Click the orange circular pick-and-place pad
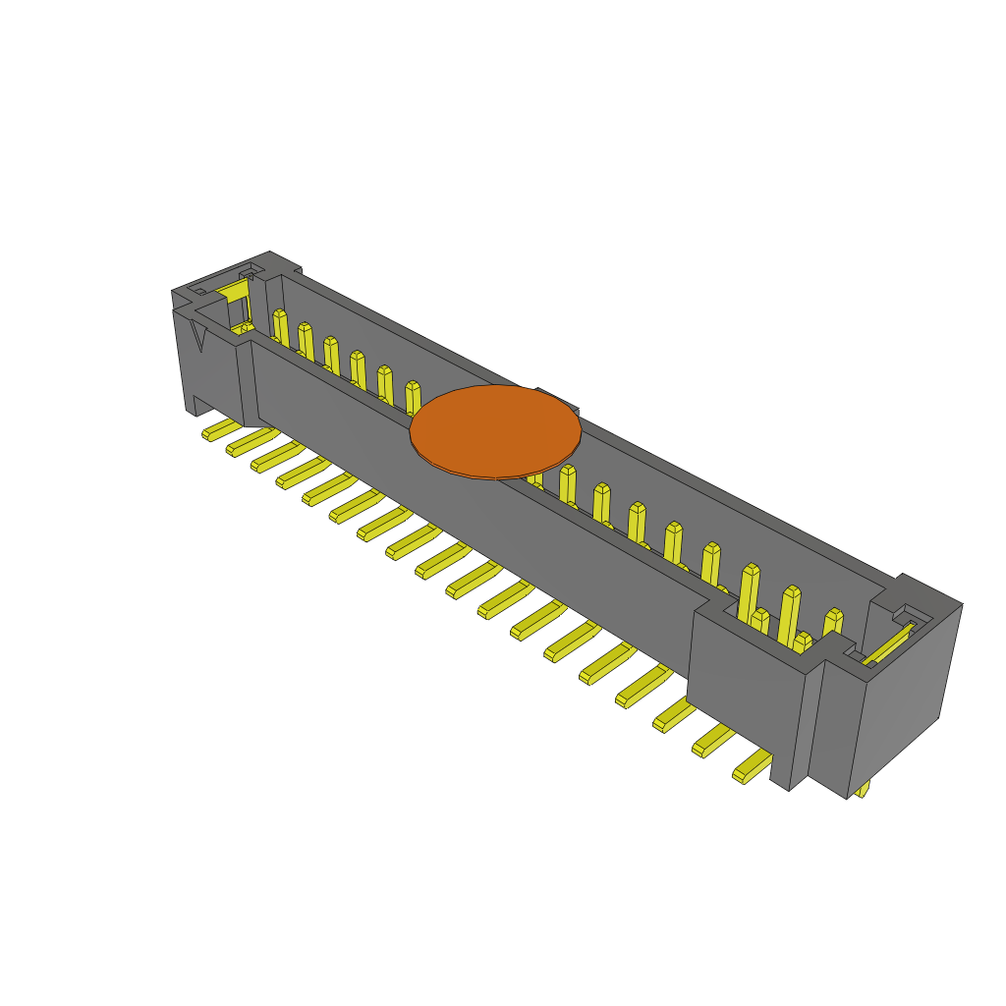[495, 431]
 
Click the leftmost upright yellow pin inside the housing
[281, 328]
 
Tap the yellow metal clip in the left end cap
[235, 291]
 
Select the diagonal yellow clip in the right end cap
[889, 643]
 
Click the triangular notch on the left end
[197, 334]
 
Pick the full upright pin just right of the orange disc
[568, 484]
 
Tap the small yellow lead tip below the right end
[863, 788]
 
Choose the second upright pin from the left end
[307, 342]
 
